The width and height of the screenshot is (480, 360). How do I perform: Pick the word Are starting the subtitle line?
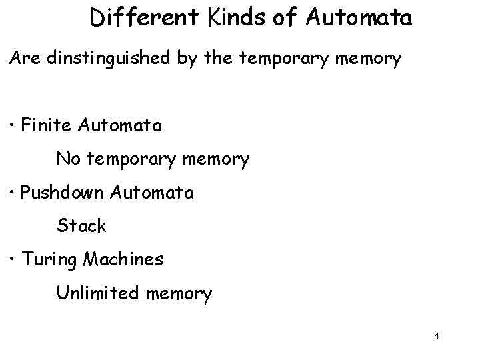click(25, 59)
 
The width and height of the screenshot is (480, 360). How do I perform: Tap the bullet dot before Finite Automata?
click(14, 125)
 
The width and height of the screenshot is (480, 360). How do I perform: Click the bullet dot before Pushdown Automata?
click(14, 193)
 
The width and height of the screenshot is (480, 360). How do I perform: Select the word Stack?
click(81, 226)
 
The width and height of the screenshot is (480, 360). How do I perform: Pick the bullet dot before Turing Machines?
click(14, 259)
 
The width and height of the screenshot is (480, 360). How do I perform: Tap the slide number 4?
click(436, 337)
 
